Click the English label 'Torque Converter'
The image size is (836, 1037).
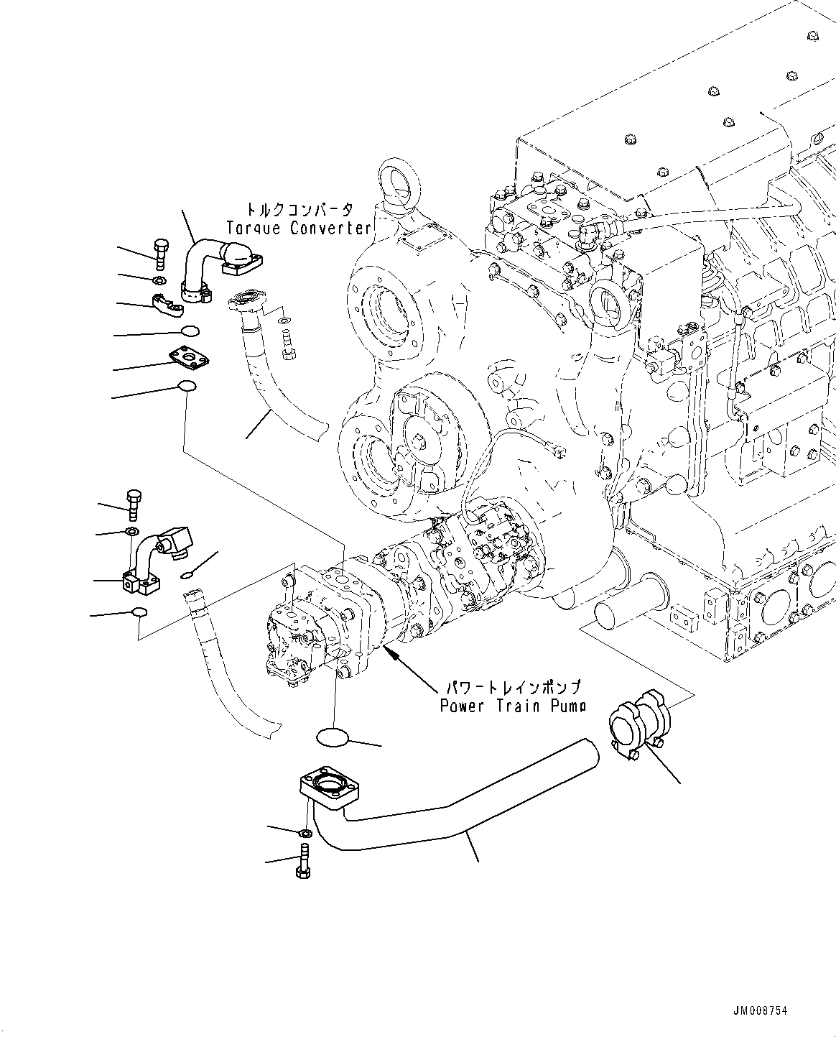pyautogui.click(x=298, y=229)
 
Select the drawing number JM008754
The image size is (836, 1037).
pyautogui.click(x=760, y=1010)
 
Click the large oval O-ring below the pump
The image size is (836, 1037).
pyautogui.click(x=332, y=737)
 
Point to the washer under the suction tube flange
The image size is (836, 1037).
pyautogui.click(x=304, y=833)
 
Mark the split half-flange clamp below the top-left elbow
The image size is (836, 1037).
pyautogui.click(x=167, y=305)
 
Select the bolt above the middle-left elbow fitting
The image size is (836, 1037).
pyautogui.click(x=134, y=504)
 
